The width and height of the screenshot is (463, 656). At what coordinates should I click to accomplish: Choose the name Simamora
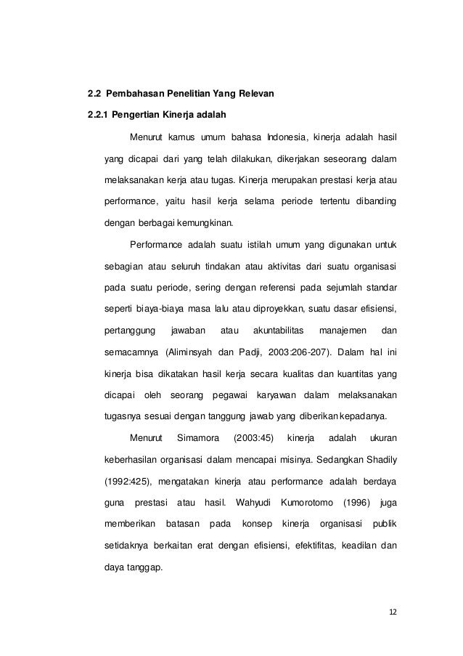pyautogui.click(x=197, y=439)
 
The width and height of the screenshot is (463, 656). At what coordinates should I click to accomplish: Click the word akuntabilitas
pyautogui.click(x=277, y=332)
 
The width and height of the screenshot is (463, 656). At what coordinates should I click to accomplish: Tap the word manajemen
pyautogui.click(x=338, y=332)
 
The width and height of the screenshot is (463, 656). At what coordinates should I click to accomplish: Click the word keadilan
pyautogui.click(x=354, y=546)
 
